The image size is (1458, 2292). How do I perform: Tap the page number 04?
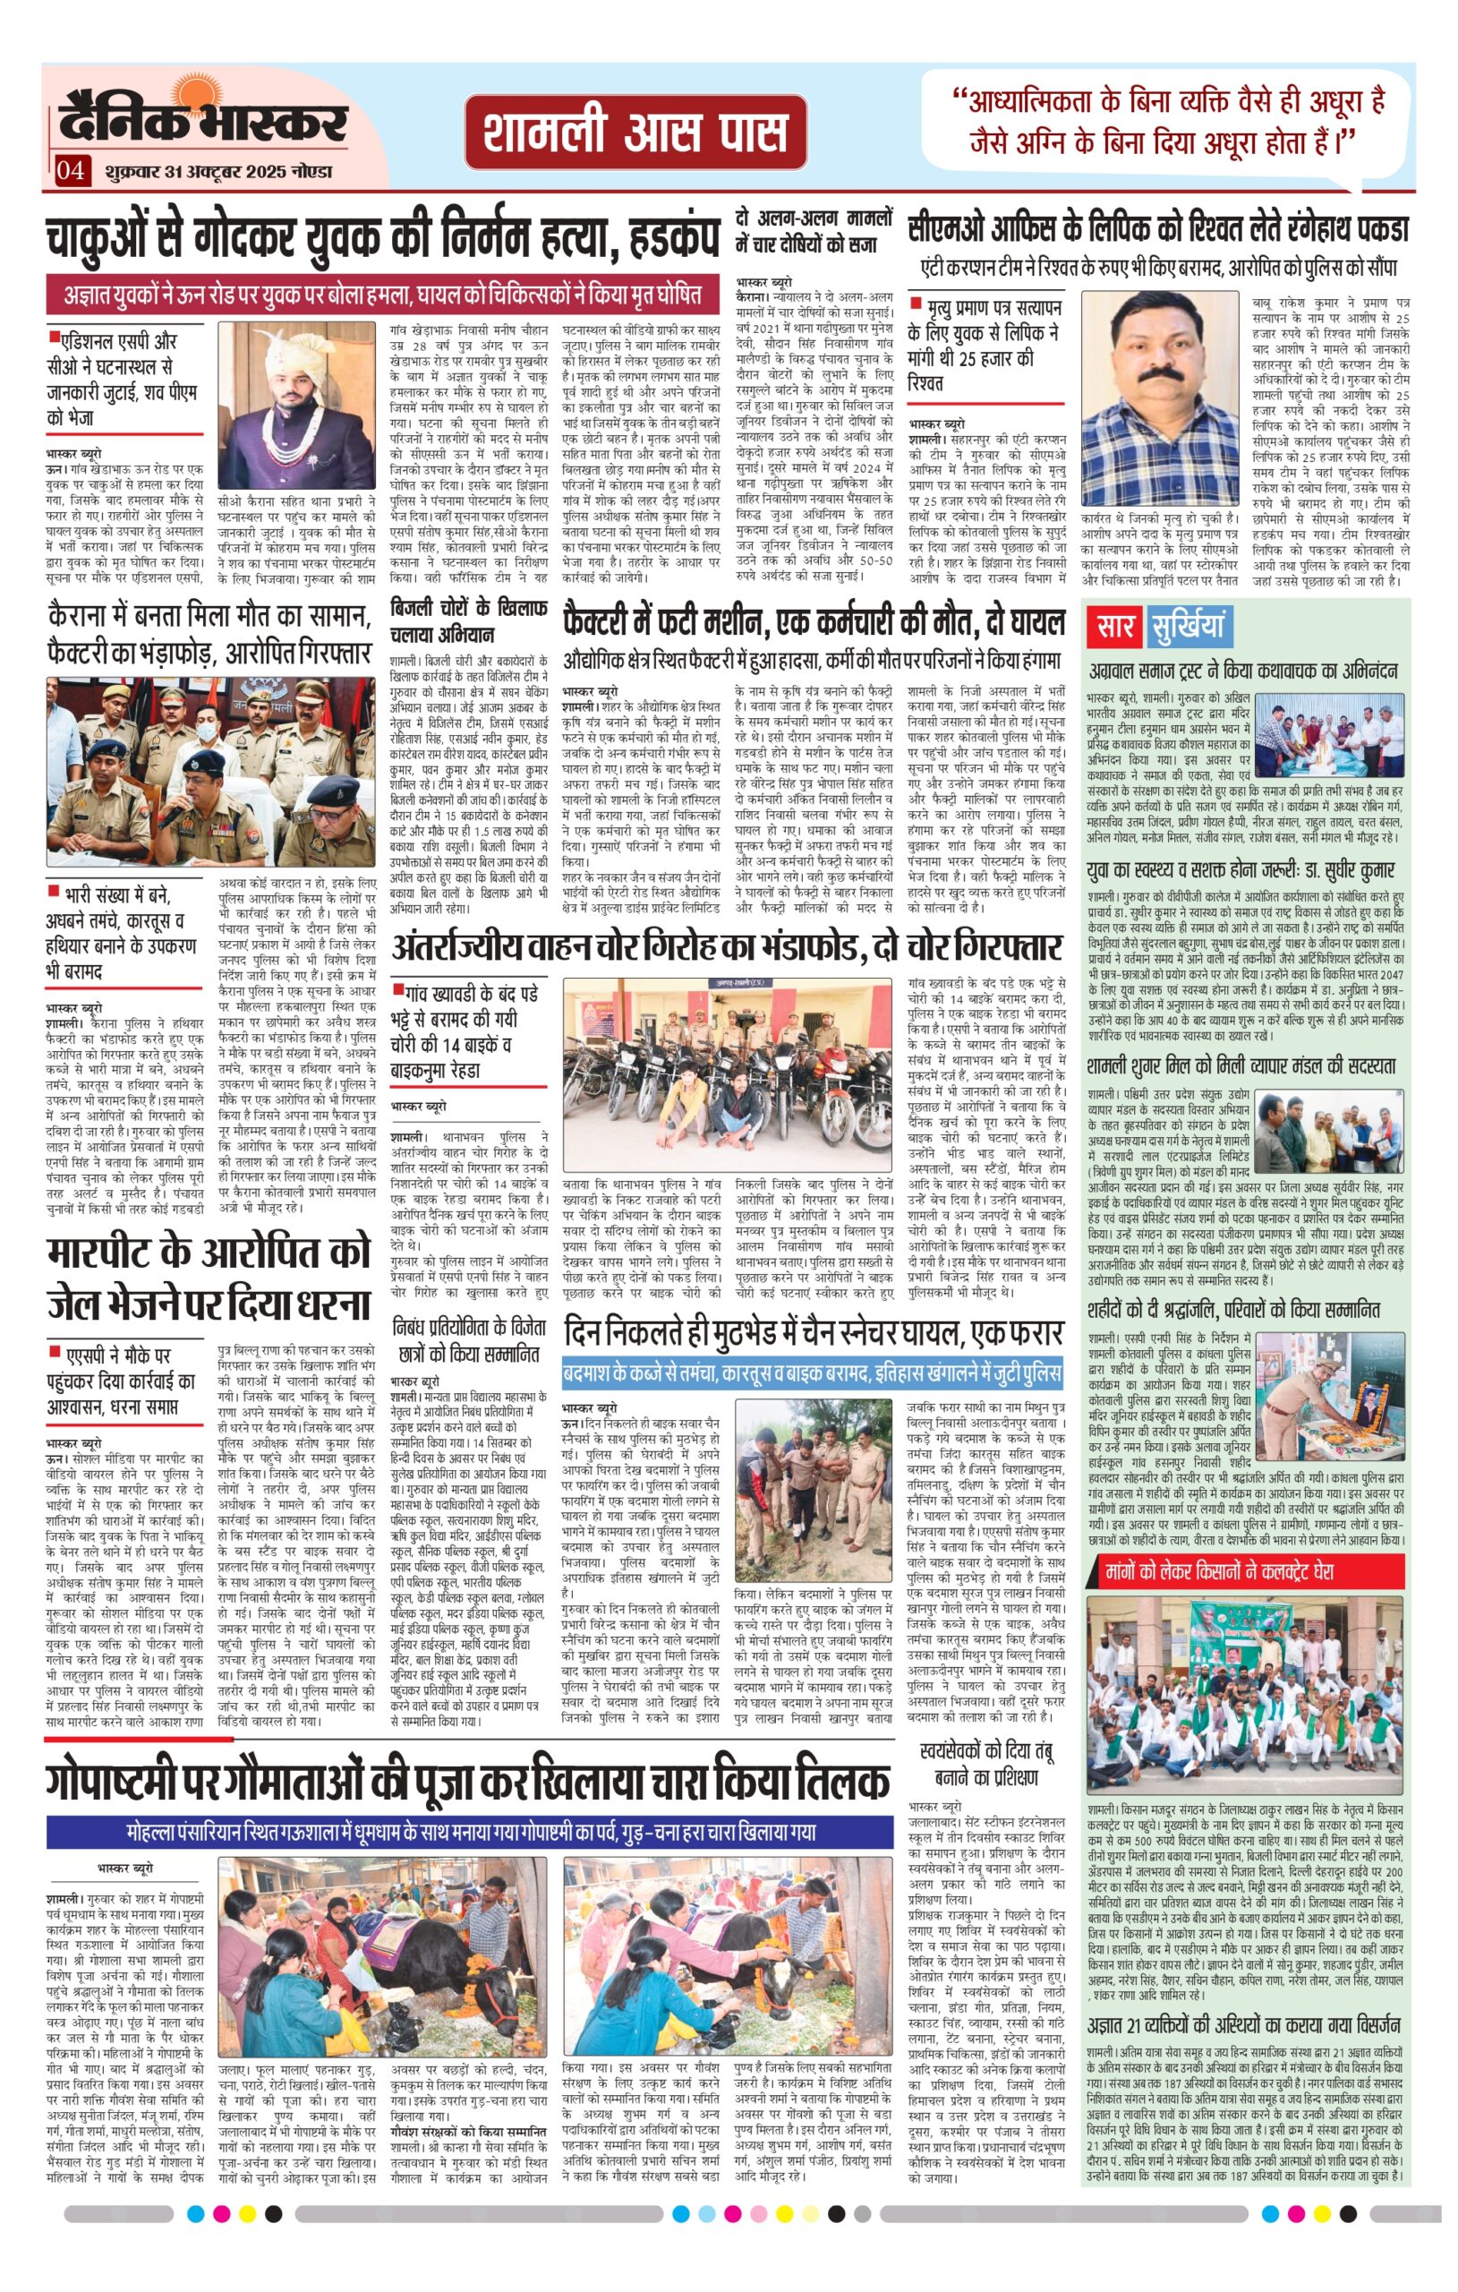click(72, 171)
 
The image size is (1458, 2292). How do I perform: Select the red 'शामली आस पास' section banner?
click(635, 133)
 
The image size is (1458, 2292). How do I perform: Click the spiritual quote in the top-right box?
click(1176, 120)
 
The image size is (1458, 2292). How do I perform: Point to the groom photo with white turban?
click(297, 406)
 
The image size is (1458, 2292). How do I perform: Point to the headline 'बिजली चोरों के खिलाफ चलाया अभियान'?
click(469, 620)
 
